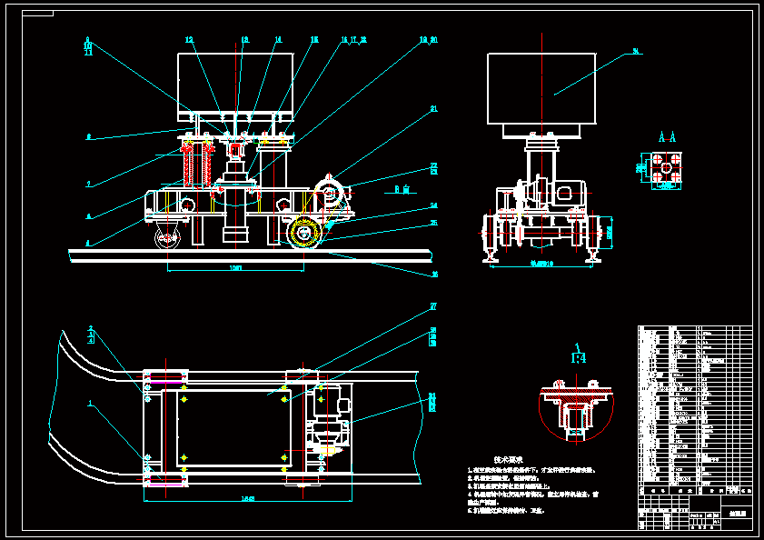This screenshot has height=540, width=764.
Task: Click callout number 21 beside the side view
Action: [434, 109]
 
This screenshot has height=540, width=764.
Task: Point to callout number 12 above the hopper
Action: [189, 40]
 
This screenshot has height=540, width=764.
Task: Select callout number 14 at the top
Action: [278, 40]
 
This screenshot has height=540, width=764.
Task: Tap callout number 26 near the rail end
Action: [434, 273]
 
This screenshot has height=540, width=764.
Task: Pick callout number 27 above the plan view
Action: [434, 306]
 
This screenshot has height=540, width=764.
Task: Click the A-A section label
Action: [667, 138]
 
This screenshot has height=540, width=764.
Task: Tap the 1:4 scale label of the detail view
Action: [579, 359]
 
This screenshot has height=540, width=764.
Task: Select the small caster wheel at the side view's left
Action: [167, 240]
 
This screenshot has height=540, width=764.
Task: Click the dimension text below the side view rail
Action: [235, 268]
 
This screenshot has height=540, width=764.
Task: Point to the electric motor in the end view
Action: [568, 194]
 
